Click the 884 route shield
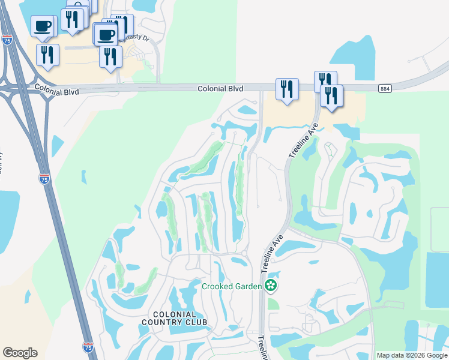pos(385,89)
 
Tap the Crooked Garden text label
pos(232,286)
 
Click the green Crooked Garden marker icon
pos(271,286)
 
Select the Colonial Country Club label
pos(175,318)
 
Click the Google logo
pos(20,353)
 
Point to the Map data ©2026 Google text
pos(411,355)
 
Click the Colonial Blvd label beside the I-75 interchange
pos(58,88)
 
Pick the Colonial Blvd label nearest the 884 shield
pos(220,89)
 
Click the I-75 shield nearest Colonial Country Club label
pos(88,346)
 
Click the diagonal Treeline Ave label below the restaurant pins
pos(303,143)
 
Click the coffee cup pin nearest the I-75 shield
pos(43,27)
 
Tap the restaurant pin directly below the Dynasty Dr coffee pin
pos(110,56)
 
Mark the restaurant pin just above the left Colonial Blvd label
pos(47,55)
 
